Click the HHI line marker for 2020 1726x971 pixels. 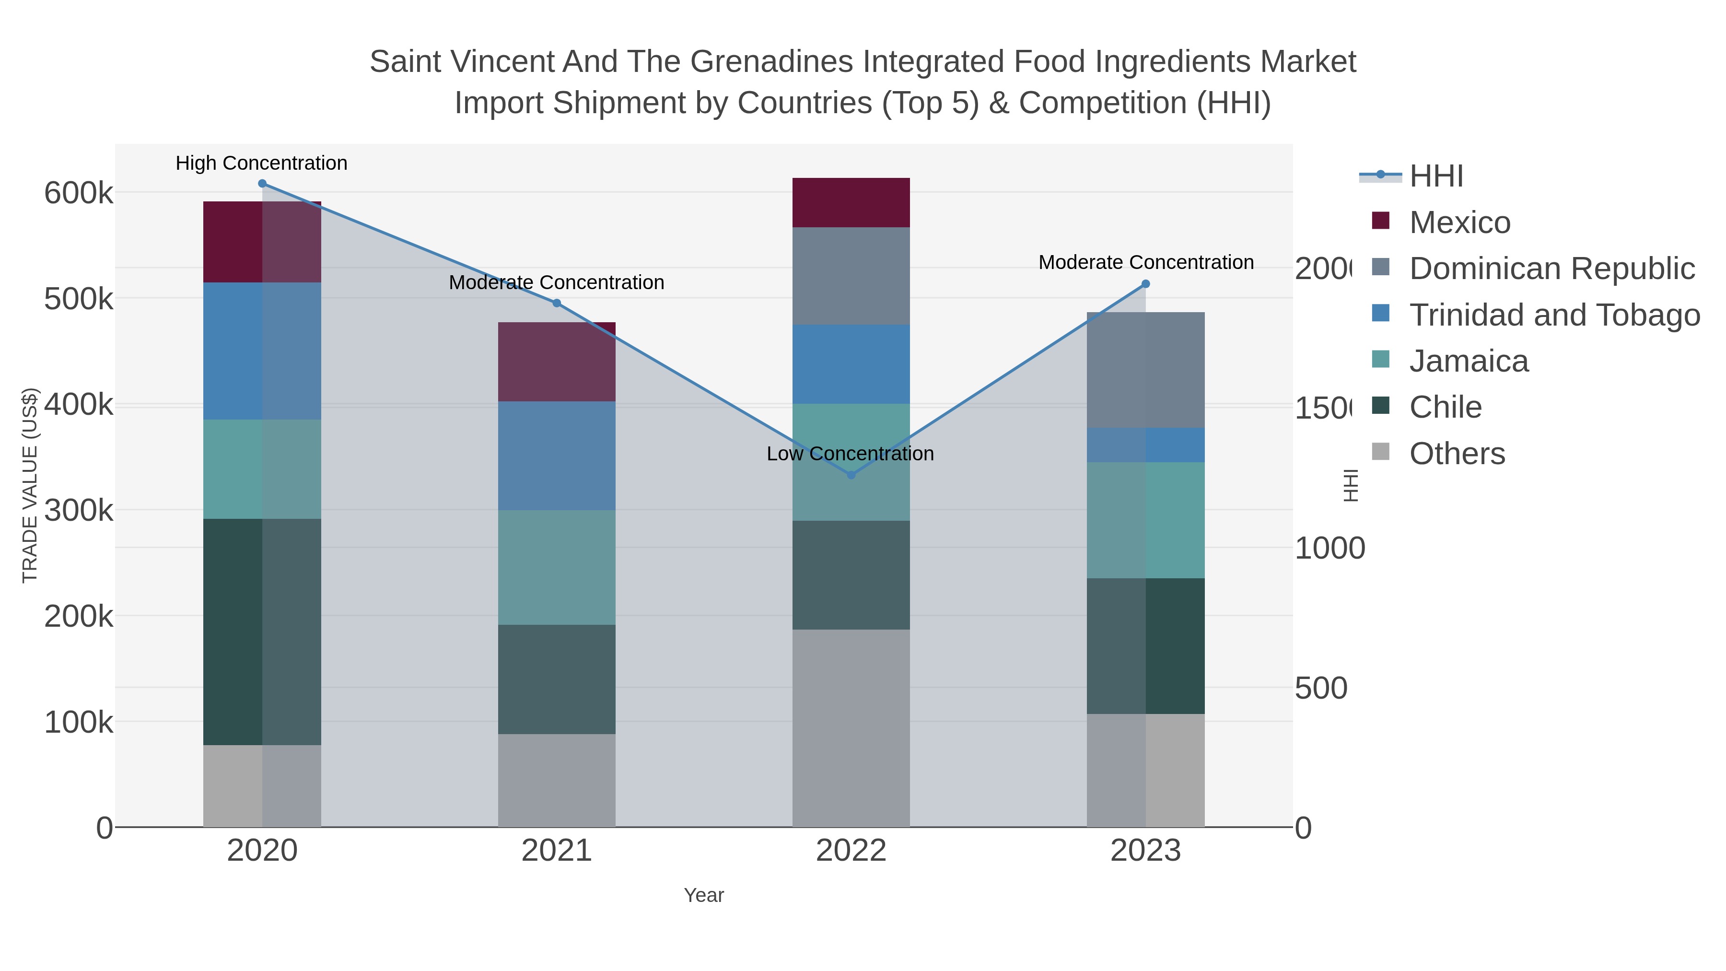tap(262, 184)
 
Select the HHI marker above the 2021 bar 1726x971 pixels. tap(556, 303)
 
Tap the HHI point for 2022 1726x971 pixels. tap(851, 475)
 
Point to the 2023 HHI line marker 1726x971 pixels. tap(1145, 284)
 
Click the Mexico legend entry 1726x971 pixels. tap(1459, 222)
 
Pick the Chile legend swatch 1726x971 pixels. tap(1381, 405)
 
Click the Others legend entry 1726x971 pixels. tap(1457, 454)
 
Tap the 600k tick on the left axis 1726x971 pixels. tap(79, 194)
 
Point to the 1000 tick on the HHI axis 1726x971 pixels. tap(1329, 548)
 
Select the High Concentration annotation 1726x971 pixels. tap(261, 164)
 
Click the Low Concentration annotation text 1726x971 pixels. tap(850, 454)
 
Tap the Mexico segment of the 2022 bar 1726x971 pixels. tap(851, 202)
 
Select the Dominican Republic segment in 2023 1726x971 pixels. tap(1145, 370)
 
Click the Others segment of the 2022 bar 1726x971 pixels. tap(851, 728)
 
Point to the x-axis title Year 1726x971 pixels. tap(703, 895)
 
